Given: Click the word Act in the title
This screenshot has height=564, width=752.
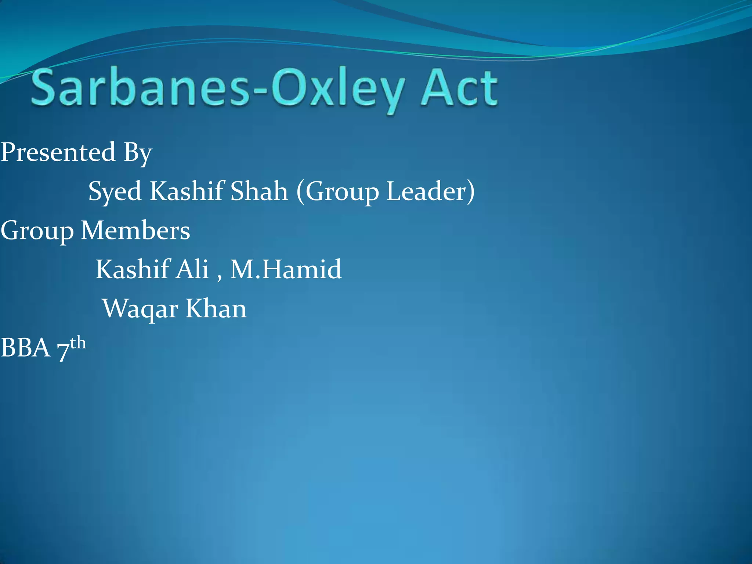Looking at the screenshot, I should [459, 88].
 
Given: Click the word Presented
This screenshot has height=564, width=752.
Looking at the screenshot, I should [58, 152].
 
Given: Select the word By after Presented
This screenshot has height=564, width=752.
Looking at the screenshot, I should [138, 153].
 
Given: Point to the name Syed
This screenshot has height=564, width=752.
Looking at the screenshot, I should [115, 192].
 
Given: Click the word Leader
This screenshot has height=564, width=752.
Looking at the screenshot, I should [427, 191].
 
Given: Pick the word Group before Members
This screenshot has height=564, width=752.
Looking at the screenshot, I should [37, 231].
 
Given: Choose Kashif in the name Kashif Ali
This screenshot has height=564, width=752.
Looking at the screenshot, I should [133, 269].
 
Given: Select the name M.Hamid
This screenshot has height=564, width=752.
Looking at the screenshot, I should [286, 269].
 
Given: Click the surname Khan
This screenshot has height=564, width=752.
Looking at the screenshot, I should [216, 308].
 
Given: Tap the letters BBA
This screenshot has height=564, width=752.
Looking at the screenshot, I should [25, 348].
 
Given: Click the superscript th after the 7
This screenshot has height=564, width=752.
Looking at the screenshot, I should [78, 343].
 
